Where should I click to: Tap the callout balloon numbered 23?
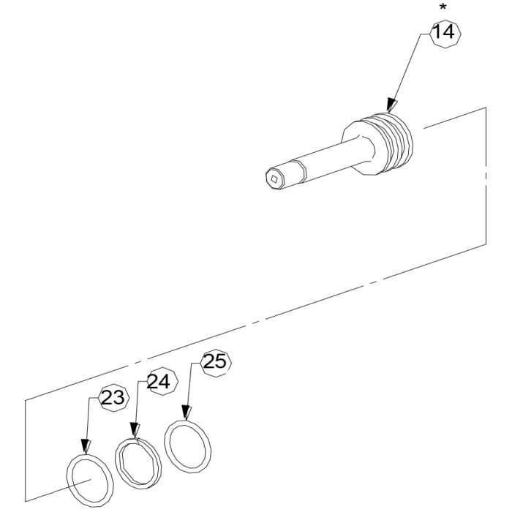tap(113, 398)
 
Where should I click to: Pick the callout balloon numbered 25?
tap(215, 361)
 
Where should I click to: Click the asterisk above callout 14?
tap(443, 8)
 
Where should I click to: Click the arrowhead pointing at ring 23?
tap(85, 446)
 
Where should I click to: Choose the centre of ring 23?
tap(90, 480)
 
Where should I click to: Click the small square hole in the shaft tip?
tap(274, 178)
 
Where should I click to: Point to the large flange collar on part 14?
tap(362, 149)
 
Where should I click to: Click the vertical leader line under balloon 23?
tap(87, 421)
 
